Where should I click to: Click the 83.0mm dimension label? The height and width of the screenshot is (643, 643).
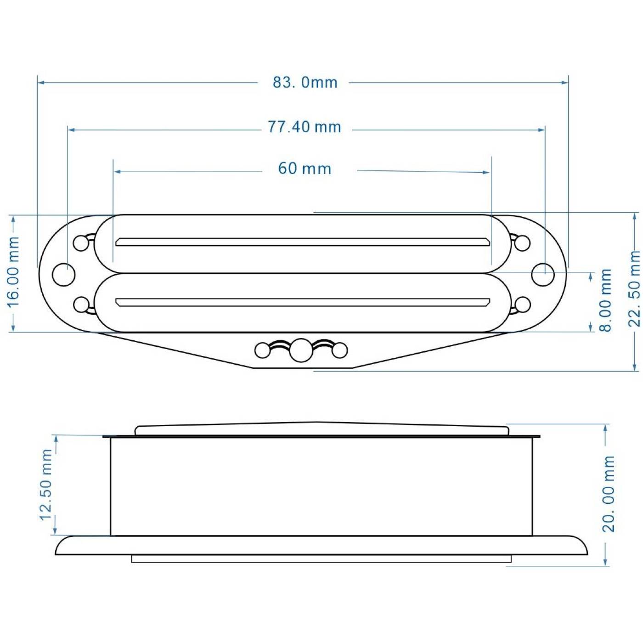pos(305,82)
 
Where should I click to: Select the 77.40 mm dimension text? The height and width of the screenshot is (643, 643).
pos(305,127)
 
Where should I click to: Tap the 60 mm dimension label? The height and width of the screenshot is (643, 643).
pos(305,169)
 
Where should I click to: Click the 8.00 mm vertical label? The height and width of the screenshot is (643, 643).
pos(605,300)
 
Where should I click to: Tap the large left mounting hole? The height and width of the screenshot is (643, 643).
pos(64,274)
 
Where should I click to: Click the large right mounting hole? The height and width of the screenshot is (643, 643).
pos(543,274)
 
